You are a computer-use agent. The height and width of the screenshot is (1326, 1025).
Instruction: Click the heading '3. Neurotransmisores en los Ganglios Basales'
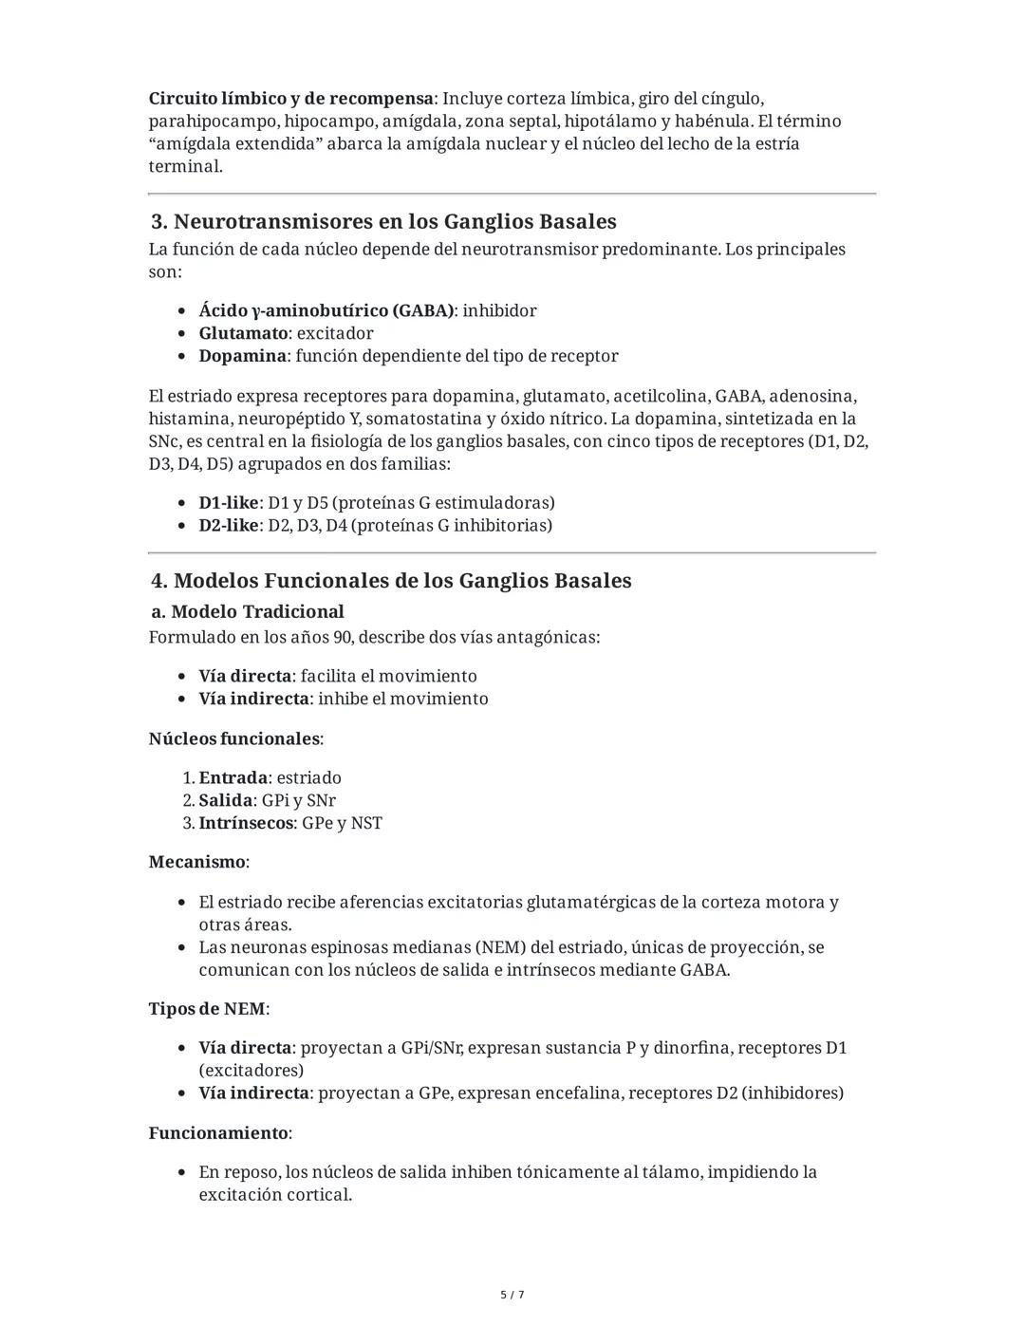383,222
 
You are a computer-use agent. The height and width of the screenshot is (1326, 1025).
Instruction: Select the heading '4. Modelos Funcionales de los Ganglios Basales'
391,581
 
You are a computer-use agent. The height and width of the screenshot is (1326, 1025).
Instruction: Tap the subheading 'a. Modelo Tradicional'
248,612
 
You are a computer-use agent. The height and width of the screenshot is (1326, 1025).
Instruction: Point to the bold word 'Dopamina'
242,356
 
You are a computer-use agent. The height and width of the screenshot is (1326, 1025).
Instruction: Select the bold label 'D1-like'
228,503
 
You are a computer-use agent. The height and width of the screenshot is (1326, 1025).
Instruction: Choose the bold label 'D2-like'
228,526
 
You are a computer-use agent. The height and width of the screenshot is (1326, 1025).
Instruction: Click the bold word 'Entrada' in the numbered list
233,778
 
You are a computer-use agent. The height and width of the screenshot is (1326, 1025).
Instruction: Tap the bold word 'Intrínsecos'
246,823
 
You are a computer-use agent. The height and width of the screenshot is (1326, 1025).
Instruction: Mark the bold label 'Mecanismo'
197,863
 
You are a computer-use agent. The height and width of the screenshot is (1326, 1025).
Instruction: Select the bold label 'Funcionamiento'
218,1133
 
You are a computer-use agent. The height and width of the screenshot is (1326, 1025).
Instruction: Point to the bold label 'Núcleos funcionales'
233,738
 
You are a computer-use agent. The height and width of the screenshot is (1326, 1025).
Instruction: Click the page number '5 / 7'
512,1295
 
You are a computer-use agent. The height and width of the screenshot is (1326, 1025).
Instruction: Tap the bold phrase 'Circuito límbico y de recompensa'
290,99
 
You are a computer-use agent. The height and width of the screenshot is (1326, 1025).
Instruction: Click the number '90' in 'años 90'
344,637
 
